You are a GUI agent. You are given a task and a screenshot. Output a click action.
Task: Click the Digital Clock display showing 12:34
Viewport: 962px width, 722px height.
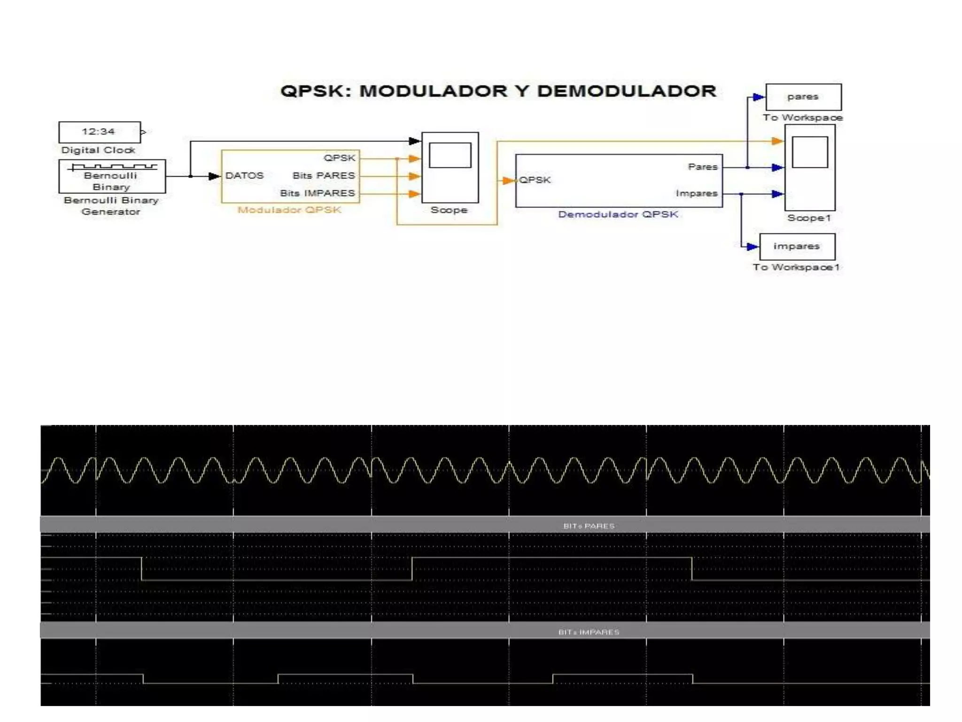[x=99, y=132]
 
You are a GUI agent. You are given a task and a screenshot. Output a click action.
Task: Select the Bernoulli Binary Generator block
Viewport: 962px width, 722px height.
[x=112, y=177]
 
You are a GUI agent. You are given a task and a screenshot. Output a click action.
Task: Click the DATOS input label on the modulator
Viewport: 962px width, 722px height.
[x=244, y=176]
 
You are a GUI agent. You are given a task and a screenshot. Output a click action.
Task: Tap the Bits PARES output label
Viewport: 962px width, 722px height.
[x=324, y=176]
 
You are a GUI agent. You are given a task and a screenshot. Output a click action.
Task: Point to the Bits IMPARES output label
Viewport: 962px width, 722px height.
[x=318, y=193]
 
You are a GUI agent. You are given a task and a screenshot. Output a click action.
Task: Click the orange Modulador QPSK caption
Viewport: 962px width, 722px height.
[x=289, y=210]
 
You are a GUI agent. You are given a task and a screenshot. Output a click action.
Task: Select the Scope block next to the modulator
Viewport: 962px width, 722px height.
[x=450, y=167]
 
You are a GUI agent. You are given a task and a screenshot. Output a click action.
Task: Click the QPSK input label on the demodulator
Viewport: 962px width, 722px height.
[x=535, y=180]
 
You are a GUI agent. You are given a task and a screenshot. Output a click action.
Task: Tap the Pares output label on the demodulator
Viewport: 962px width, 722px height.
[x=703, y=167]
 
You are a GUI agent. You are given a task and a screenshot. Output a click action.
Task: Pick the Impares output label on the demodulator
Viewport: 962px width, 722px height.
[x=697, y=193]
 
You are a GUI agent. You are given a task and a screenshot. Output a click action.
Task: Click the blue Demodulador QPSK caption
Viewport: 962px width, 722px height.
[x=618, y=215]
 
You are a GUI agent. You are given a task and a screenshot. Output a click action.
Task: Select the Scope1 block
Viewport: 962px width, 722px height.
[x=810, y=167]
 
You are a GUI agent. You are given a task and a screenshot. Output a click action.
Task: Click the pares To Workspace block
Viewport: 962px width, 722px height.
[x=803, y=97]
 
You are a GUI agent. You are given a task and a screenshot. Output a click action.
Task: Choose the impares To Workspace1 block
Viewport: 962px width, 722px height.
[x=797, y=247]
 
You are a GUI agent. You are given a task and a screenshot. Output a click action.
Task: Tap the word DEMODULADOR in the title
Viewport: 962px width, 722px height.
[x=627, y=91]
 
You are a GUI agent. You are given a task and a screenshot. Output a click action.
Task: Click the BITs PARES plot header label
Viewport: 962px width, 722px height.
[x=589, y=526]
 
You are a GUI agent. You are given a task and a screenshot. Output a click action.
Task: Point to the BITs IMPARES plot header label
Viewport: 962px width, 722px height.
[x=589, y=632]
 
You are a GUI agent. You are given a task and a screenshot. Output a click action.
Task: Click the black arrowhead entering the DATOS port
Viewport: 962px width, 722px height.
[x=214, y=176]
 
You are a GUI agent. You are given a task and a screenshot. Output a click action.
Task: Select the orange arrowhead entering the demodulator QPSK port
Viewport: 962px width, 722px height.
[x=508, y=180]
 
